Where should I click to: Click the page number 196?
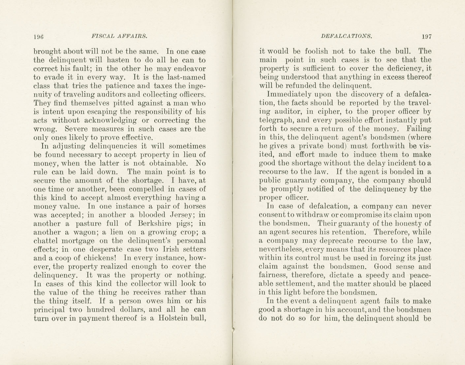click(39, 36)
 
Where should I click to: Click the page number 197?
click(426, 36)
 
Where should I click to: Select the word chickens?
click(101, 258)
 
